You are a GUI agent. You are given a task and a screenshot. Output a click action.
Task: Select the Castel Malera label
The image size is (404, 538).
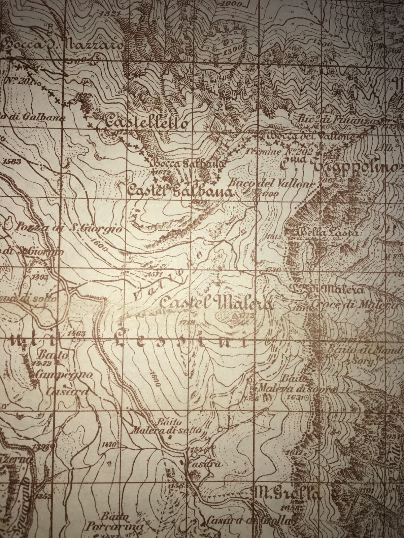pos(215,303)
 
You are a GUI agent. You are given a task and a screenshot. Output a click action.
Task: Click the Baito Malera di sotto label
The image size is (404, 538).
pos(167,426)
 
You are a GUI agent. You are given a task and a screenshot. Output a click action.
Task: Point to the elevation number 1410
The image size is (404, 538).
pos(108,445)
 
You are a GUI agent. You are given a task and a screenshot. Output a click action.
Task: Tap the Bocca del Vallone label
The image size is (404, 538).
pos(310,137)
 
